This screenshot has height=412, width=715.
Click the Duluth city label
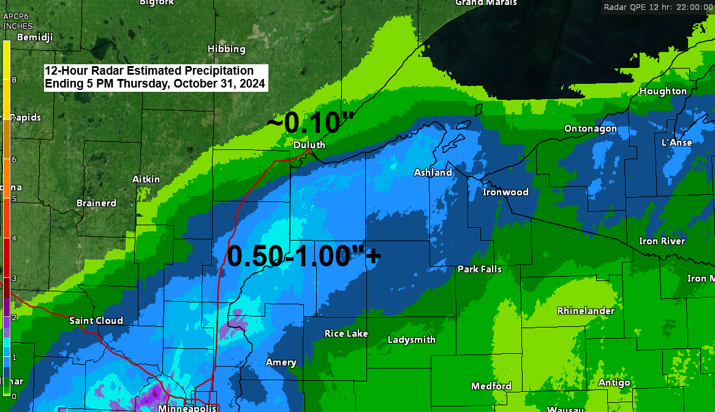pos(309,145)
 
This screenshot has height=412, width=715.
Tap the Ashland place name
pos(433,173)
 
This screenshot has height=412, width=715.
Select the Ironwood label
pos(505,192)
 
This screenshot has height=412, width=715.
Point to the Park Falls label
pos(480,269)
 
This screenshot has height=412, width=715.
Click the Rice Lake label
pos(346,334)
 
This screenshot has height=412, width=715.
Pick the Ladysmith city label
pos(412,340)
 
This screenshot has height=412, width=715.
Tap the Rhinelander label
pos(586,311)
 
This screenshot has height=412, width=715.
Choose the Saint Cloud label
pos(96,320)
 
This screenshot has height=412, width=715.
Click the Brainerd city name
pos(96,203)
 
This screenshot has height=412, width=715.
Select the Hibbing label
pos(226,49)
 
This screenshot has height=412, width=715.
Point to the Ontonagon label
pos(591,129)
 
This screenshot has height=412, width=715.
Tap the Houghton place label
pos(663,91)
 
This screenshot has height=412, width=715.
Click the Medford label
pos(491,386)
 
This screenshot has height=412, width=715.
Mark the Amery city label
pos(281,362)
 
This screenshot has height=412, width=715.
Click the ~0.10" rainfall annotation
pos(311,123)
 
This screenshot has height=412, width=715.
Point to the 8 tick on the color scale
pos(13,80)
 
